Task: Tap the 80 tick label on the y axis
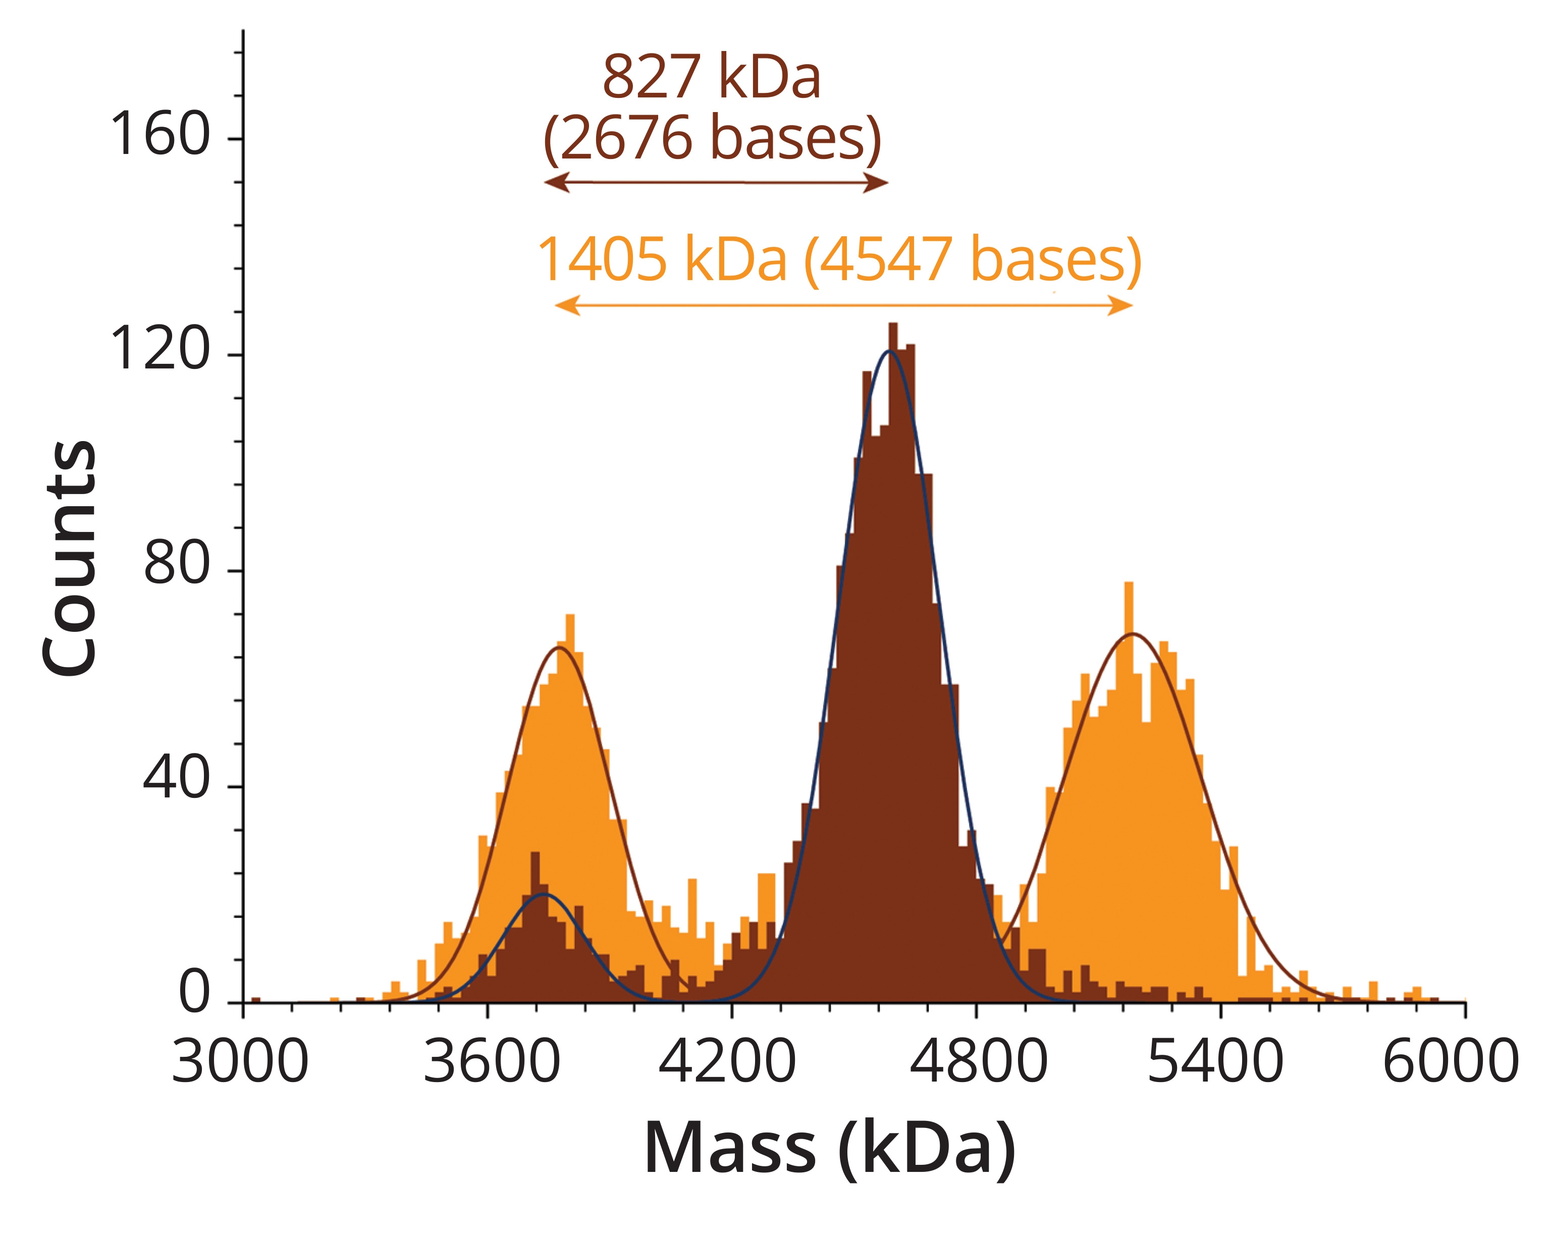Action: tap(176, 565)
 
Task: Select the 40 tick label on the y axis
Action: tap(176, 779)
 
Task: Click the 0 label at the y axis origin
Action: tap(194, 994)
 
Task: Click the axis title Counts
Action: tap(70, 558)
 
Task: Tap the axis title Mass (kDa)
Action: tap(829, 1149)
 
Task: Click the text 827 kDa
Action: tap(711, 77)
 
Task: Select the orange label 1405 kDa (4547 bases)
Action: tap(839, 259)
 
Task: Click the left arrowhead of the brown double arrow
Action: tap(556, 182)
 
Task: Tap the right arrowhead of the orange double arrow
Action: tap(1121, 305)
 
